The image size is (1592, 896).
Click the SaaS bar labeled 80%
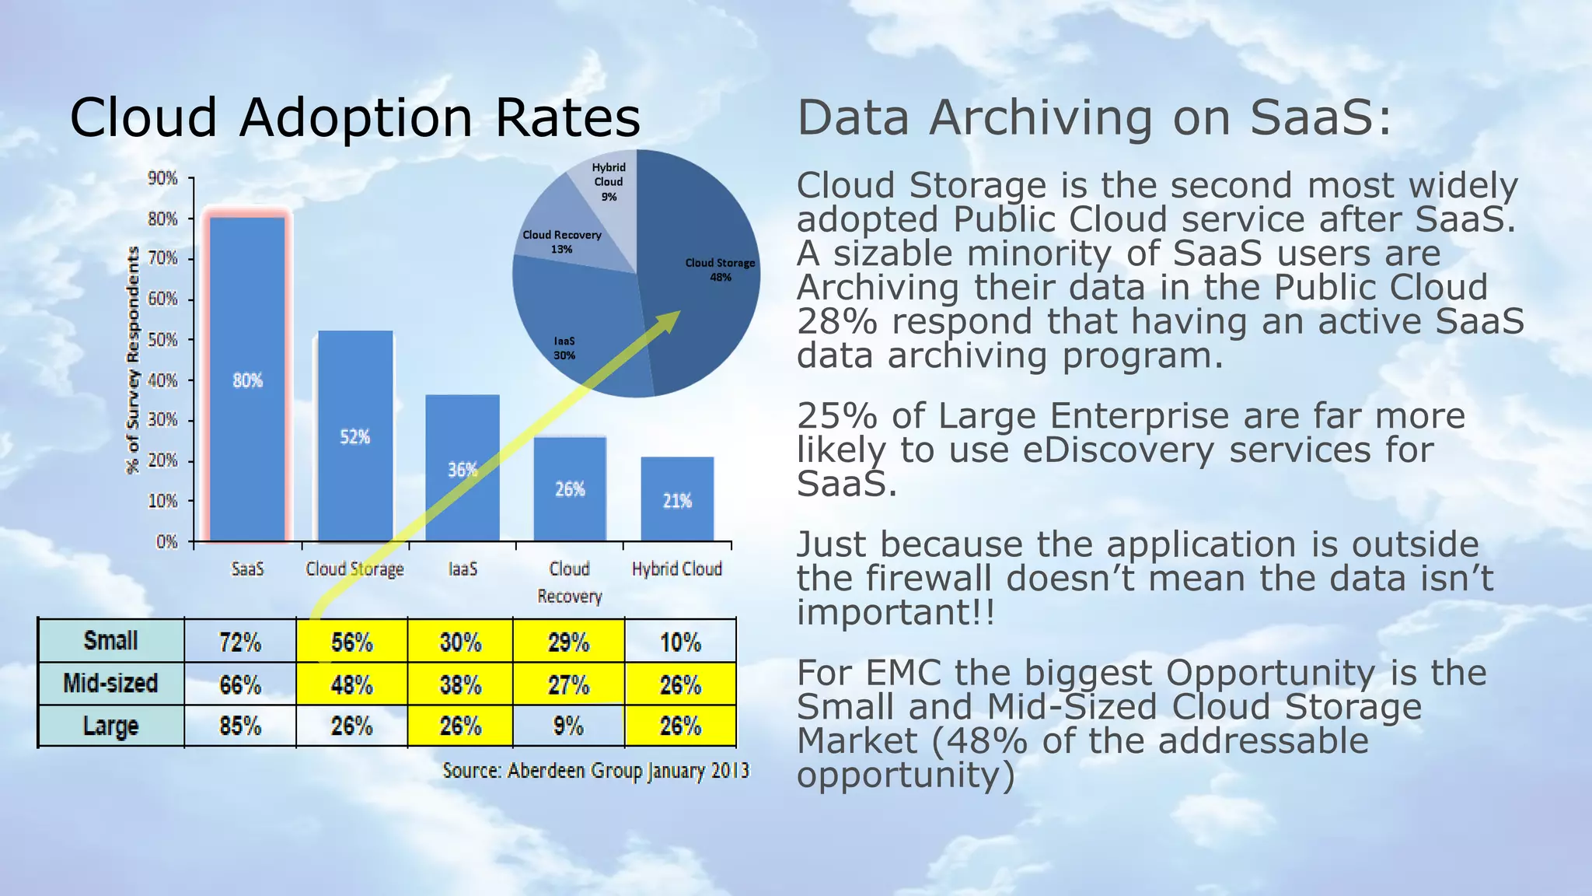click(247, 380)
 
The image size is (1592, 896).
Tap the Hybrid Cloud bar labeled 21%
click(677, 499)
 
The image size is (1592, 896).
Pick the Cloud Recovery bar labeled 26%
click(570, 488)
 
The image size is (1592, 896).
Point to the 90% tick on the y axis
click(163, 179)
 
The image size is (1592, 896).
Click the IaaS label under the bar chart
click(463, 569)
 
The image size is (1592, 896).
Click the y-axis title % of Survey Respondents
click(133, 359)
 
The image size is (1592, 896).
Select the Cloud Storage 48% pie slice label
click(720, 269)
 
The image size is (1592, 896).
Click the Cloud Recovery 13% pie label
click(561, 241)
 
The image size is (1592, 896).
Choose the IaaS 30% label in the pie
click(564, 348)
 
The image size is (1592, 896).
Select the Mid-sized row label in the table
click(110, 684)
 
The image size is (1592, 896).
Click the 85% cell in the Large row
click(240, 726)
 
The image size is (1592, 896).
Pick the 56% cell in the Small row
click(352, 642)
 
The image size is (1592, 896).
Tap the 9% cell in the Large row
click(568, 726)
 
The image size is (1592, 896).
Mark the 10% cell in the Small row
click(680, 642)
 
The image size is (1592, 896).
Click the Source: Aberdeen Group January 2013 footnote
click(595, 771)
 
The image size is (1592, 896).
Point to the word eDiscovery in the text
click(1118, 450)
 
